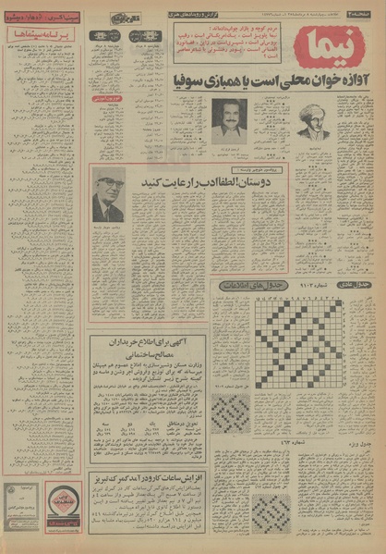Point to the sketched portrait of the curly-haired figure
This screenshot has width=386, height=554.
click(x=314, y=120)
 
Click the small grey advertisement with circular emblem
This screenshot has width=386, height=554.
click(x=21, y=500)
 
